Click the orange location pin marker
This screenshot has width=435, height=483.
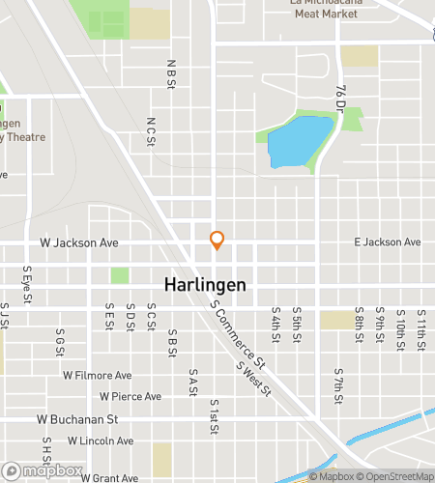click(217, 241)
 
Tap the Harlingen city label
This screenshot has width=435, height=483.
click(204, 286)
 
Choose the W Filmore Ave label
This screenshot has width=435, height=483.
click(97, 375)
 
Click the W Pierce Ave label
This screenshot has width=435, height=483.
click(130, 396)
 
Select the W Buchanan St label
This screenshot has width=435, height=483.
click(77, 420)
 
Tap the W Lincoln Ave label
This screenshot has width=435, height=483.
click(100, 440)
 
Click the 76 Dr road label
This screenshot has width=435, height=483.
click(340, 98)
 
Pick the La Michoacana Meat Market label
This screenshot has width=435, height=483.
click(331, 8)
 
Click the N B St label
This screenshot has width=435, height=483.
click(170, 72)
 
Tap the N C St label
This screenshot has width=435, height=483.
click(150, 131)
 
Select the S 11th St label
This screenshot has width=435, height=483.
click(421, 326)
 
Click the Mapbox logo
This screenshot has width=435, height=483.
click(42, 470)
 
